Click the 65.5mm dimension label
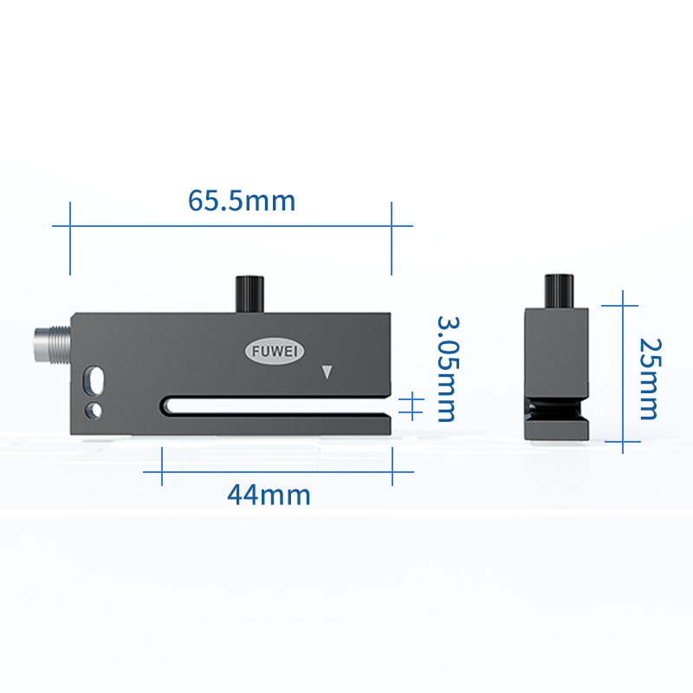(x=242, y=201)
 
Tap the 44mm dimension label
(x=269, y=495)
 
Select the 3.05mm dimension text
(x=448, y=369)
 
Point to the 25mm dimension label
(x=651, y=379)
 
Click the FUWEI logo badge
(x=275, y=352)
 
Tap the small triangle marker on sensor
(x=327, y=372)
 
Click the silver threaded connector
(x=53, y=345)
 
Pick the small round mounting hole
(x=94, y=411)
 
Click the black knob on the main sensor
(x=249, y=295)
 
